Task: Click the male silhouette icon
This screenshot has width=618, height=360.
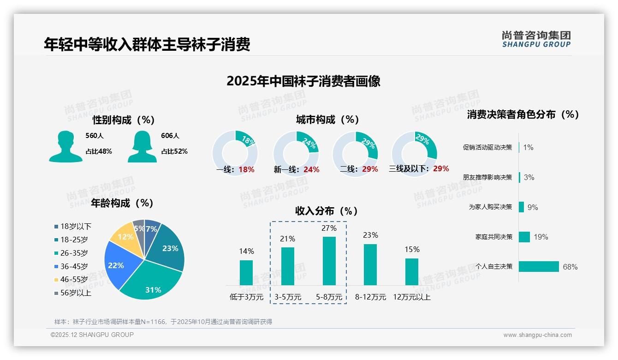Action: point(65,146)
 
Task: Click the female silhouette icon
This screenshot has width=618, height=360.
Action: point(142,146)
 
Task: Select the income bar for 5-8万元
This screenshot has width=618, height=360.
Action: point(329,261)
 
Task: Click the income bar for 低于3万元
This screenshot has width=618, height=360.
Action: point(246,272)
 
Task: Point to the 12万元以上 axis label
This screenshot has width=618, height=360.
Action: point(411,297)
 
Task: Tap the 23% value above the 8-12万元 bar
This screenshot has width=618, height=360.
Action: point(370,235)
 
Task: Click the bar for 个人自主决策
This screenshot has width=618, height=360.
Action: point(538,266)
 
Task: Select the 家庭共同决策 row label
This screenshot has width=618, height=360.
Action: point(493,237)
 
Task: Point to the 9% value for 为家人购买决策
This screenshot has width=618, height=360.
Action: point(533,207)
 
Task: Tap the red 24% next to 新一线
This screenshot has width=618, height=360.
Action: point(311,170)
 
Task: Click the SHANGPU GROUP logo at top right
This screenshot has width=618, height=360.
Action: point(536,40)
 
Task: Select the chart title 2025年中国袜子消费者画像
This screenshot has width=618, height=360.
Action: point(303,81)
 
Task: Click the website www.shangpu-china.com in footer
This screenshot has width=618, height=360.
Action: point(537,335)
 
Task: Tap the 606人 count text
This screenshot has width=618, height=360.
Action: point(170,136)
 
